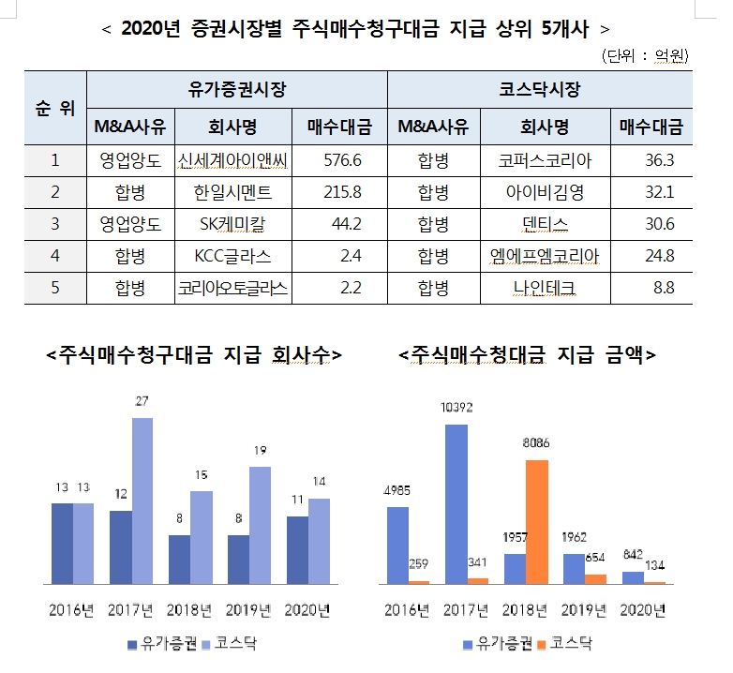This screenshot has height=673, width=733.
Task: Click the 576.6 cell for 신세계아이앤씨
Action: [342, 160]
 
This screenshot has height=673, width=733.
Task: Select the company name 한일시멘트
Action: [232, 192]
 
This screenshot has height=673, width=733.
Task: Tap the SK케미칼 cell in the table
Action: [232, 223]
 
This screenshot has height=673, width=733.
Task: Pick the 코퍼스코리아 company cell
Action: [545, 160]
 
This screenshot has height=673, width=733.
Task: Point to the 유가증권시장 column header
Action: [236, 90]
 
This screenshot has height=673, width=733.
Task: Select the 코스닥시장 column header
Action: [540, 90]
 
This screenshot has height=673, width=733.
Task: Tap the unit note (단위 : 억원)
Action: [648, 55]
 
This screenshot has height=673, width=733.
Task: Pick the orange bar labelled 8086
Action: [536, 521]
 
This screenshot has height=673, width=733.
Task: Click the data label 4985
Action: [397, 490]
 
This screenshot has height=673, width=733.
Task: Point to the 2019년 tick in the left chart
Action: [247, 610]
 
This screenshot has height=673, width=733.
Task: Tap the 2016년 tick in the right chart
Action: [406, 610]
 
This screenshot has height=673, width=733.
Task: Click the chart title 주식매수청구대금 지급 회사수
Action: [195, 355]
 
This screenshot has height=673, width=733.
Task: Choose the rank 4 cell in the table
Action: [55, 255]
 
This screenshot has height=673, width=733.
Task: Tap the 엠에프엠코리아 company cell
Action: [545, 255]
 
